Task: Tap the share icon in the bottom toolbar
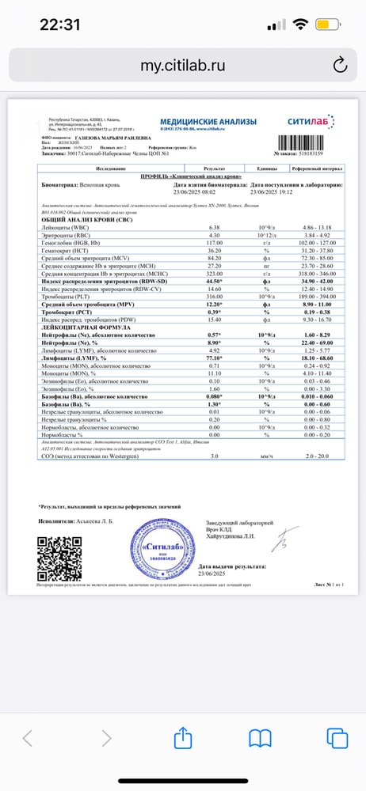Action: [184, 739]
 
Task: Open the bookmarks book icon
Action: [260, 739]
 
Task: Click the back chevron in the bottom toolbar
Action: [28, 739]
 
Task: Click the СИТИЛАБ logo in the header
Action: [311, 123]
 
